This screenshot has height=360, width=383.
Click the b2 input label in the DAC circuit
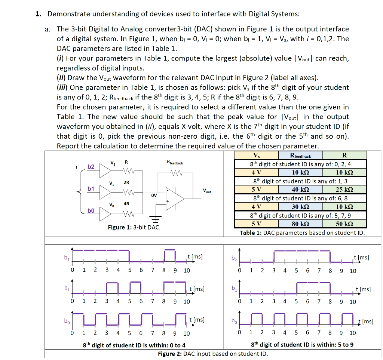[91, 167]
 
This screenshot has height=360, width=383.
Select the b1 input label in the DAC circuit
[91, 189]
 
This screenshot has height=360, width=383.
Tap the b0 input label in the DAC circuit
[91, 211]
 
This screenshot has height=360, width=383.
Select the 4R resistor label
[126, 204]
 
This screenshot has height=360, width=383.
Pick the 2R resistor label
[126, 182]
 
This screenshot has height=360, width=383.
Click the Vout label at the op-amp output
[207, 191]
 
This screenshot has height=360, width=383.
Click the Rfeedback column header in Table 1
[300, 155]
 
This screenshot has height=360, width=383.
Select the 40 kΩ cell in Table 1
[300, 190]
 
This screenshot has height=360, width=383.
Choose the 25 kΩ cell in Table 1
[344, 190]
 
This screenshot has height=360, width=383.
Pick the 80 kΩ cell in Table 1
[300, 224]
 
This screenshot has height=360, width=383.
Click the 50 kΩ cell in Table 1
[344, 224]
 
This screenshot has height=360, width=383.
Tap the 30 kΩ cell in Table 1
[300, 207]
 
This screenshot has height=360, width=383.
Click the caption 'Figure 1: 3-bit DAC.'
[134, 227]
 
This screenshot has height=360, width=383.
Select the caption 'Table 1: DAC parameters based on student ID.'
[302, 233]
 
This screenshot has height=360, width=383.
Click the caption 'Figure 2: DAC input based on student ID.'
[213, 354]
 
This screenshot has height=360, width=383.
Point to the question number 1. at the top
[38, 14]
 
